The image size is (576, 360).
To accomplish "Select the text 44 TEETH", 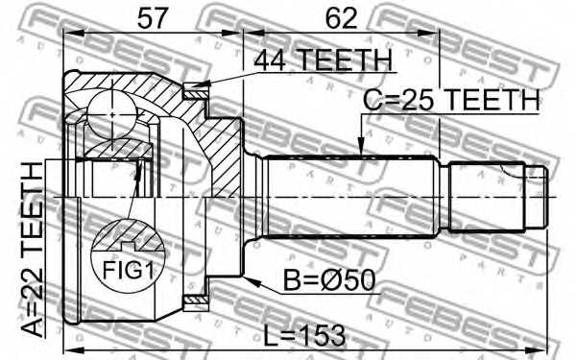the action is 324,60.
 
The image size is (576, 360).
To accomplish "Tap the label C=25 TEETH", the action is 451,99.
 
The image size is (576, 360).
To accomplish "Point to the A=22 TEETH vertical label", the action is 33,250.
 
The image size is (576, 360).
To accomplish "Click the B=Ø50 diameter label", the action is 329,280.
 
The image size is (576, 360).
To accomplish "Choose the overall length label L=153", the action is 304,335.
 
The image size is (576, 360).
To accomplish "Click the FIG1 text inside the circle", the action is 128,270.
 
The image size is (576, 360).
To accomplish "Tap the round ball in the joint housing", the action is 112,114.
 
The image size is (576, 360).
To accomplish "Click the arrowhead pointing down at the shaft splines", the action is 361,146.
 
